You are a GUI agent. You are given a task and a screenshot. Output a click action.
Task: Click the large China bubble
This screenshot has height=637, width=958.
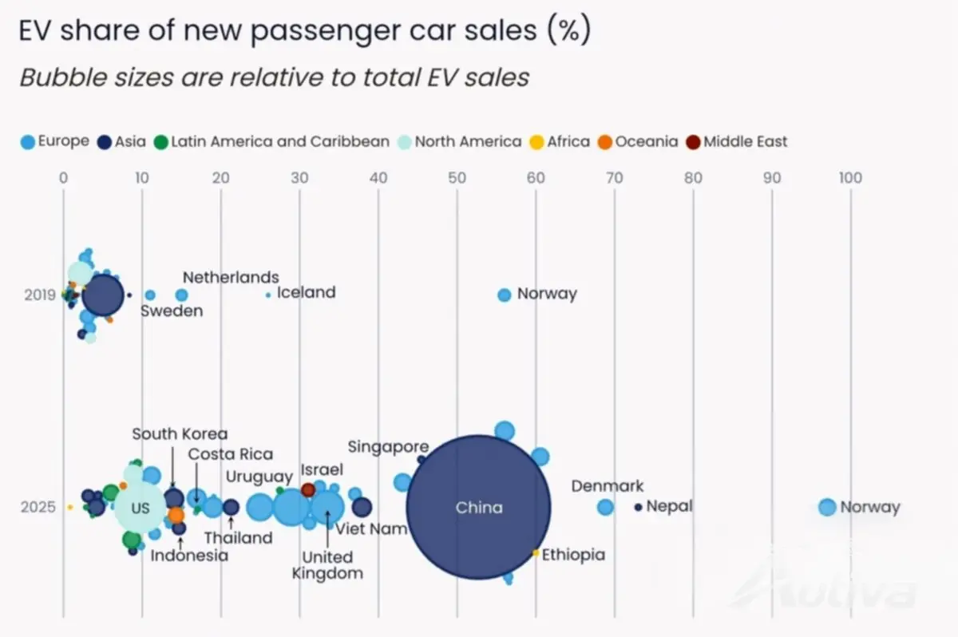(478, 508)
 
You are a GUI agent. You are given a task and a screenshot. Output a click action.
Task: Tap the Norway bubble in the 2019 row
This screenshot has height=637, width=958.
(505, 295)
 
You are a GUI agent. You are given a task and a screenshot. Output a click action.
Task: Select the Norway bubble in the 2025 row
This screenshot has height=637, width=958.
(827, 507)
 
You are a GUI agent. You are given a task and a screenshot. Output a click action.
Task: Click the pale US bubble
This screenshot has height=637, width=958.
(140, 508)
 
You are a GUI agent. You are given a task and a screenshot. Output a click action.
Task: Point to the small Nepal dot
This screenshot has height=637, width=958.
(638, 508)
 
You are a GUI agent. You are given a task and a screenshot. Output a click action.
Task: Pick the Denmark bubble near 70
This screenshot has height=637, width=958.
(605, 507)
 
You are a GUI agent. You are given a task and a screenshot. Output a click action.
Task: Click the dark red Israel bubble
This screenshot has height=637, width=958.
(308, 490)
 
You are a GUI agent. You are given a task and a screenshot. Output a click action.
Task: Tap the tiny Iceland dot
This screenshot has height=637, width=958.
(268, 295)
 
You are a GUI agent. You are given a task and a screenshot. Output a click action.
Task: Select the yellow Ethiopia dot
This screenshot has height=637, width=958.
(536, 553)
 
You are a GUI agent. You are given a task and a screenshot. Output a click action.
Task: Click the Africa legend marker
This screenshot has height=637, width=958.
(536, 142)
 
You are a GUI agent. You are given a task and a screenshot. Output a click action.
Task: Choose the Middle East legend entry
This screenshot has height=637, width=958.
(736, 142)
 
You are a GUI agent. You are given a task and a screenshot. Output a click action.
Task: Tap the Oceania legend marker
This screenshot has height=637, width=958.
(605, 142)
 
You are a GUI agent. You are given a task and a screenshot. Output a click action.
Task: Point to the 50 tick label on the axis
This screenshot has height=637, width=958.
(457, 178)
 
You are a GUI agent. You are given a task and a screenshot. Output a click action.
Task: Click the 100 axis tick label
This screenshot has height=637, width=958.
(850, 178)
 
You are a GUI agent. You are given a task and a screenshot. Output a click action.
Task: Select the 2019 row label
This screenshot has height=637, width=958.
(40, 295)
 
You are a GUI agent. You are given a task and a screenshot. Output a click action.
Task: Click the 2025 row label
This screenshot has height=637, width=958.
(38, 507)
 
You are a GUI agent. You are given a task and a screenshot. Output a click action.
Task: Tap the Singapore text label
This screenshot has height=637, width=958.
(388, 447)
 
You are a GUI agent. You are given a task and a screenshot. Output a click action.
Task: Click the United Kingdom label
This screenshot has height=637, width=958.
(327, 565)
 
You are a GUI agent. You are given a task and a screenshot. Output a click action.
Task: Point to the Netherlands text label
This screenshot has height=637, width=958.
(231, 278)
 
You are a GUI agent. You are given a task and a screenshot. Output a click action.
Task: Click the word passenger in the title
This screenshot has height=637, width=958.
(326, 32)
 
